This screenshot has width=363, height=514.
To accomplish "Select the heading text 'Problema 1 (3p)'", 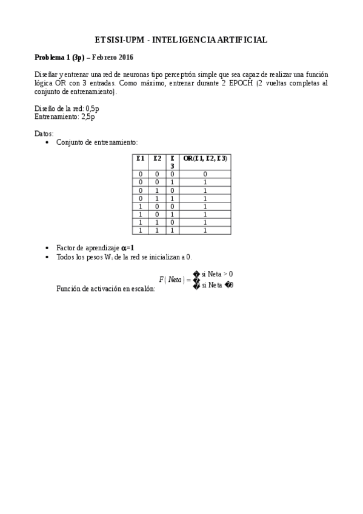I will [59, 58].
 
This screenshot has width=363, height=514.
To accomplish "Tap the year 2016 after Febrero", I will [125, 58].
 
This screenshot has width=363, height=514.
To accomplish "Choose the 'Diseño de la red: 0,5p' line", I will [67, 108].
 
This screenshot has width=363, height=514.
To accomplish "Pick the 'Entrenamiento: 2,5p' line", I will [64, 117].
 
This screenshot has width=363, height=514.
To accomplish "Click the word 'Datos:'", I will [44, 133].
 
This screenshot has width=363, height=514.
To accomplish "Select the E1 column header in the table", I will [141, 158].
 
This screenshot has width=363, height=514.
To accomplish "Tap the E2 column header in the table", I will [157, 158].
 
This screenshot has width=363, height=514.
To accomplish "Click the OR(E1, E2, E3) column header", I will [205, 158].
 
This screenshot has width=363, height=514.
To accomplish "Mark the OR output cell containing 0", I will [205, 174].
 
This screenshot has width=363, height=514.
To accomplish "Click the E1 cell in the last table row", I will [141, 230].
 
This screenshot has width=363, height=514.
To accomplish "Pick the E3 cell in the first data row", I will [172, 174].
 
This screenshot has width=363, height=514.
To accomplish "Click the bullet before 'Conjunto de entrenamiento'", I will [47, 142].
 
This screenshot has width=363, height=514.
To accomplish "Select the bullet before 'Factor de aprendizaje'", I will [47, 249].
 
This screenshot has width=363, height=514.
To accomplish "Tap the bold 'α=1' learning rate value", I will [128, 248].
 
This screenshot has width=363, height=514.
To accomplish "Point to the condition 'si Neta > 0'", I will [217, 274].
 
